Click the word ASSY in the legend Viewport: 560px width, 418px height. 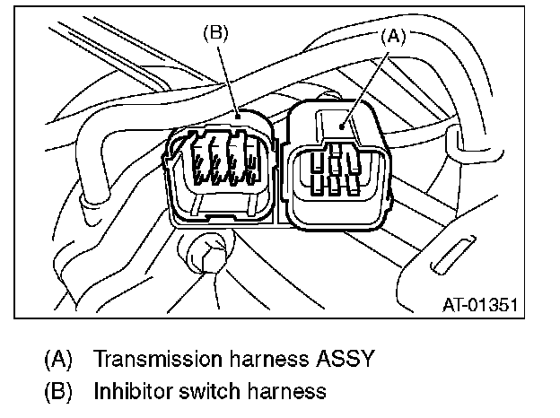345,360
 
